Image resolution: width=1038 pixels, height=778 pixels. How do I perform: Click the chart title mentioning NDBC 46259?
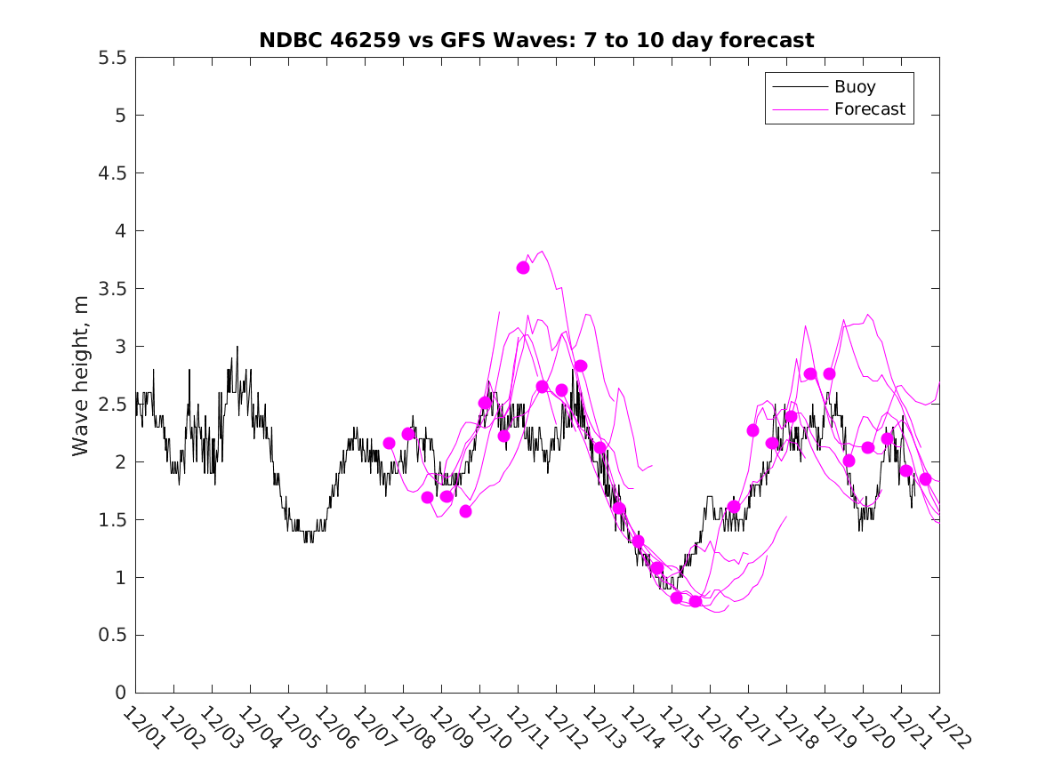coord(536,40)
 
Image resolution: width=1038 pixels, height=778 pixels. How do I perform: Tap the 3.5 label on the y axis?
coord(113,289)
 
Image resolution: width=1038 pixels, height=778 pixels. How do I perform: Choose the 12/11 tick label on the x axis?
coord(523,728)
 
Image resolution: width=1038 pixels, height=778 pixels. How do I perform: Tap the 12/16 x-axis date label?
coord(715,728)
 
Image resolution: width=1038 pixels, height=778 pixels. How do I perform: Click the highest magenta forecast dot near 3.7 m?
coord(523,268)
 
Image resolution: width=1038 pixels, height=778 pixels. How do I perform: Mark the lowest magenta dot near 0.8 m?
coord(696,602)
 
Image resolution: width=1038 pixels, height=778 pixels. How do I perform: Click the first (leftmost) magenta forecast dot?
coord(389,443)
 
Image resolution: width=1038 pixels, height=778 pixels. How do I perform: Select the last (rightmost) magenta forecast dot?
coord(925,479)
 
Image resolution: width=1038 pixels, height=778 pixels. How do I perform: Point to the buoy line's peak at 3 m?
coord(237,347)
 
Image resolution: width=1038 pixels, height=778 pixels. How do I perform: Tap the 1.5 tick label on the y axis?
coord(113,520)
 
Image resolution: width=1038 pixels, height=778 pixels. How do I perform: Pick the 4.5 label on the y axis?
coord(113,173)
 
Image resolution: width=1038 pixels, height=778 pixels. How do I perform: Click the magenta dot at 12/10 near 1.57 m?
coord(465,511)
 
